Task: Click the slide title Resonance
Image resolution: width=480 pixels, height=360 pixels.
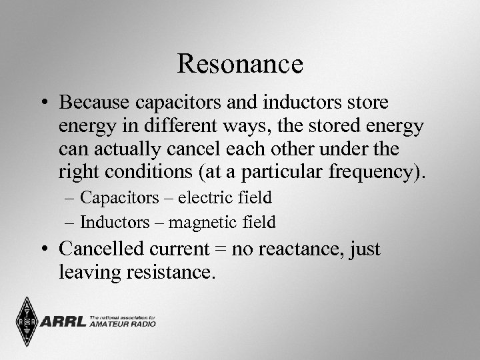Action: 240,64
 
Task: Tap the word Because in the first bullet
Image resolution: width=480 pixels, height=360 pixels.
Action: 95,103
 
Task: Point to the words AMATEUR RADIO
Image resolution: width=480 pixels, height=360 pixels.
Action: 123,325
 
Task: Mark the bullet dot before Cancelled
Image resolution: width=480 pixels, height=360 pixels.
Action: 45,250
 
